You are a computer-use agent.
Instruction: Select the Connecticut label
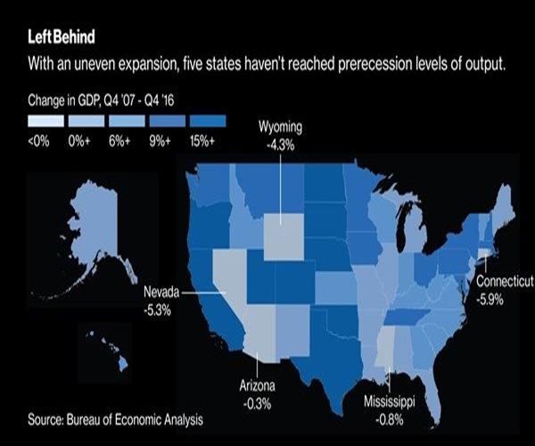505,282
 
